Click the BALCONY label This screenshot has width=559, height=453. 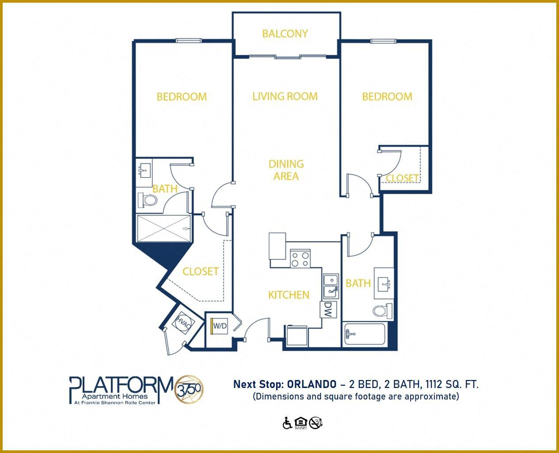pyautogui.click(x=285, y=34)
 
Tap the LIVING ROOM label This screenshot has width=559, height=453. pyautogui.click(x=285, y=96)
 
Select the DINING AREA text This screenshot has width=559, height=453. pyautogui.click(x=286, y=170)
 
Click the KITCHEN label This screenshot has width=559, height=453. pyautogui.click(x=289, y=295)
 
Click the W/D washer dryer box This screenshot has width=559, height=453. pyautogui.click(x=220, y=326)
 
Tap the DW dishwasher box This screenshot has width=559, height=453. pyautogui.click(x=328, y=309)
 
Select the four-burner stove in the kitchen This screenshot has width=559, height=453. pyautogui.click(x=300, y=258)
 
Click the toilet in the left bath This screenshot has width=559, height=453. pyautogui.click(x=147, y=200)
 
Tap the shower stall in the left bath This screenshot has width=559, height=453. pyautogui.click(x=164, y=228)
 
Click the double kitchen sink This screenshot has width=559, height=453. pyautogui.click(x=331, y=286)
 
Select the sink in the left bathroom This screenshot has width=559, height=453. pyautogui.click(x=144, y=170)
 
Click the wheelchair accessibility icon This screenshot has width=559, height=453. pyautogui.click(x=287, y=423)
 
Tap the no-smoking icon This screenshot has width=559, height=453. pyautogui.click(x=316, y=423)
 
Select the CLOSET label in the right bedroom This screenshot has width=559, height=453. pyautogui.click(x=402, y=178)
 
